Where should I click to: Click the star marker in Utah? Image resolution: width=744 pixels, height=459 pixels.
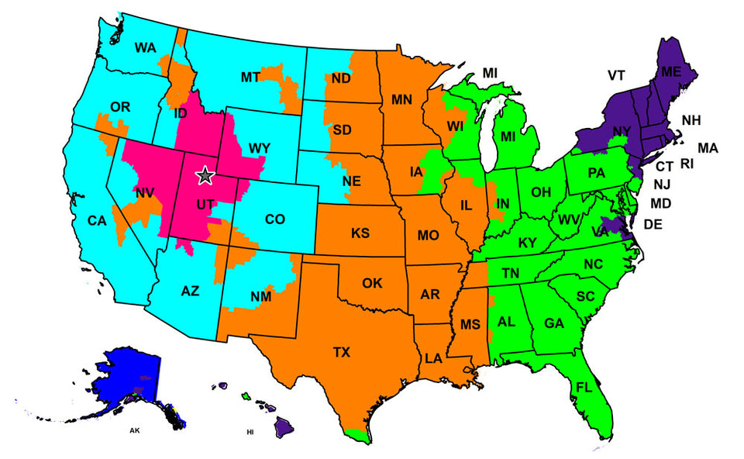coord(205,175)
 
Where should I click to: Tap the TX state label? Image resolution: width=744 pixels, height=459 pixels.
coord(342,352)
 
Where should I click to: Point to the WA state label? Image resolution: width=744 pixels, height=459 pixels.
coord(145,48)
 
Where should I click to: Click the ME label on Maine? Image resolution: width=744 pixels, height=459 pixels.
coord(670,71)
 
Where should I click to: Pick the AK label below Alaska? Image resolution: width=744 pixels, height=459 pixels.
coord(135,430)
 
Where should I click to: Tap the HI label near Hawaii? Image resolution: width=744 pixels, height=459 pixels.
coord(250,432)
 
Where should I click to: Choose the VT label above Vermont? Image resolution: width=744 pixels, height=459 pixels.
coord(616,75)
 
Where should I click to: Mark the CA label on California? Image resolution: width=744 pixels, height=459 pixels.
coord(97,221)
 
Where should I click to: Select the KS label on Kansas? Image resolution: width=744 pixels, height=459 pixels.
coord(360,233)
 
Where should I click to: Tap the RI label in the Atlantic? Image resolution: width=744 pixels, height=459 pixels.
coord(688,164)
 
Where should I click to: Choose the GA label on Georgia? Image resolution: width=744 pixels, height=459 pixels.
coord(553,323)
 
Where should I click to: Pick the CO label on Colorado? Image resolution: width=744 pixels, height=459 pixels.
coord(275,219)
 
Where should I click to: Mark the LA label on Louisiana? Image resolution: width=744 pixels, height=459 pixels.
coord(433,358)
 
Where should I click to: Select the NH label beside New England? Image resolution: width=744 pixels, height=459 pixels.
coord(691,120)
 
